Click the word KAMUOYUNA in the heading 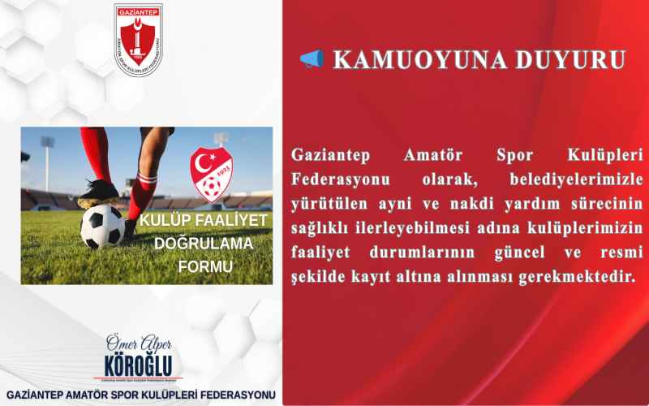click(410, 60)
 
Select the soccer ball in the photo click(102, 226)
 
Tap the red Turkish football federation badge click(211, 174)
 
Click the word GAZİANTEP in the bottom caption click(41, 395)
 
